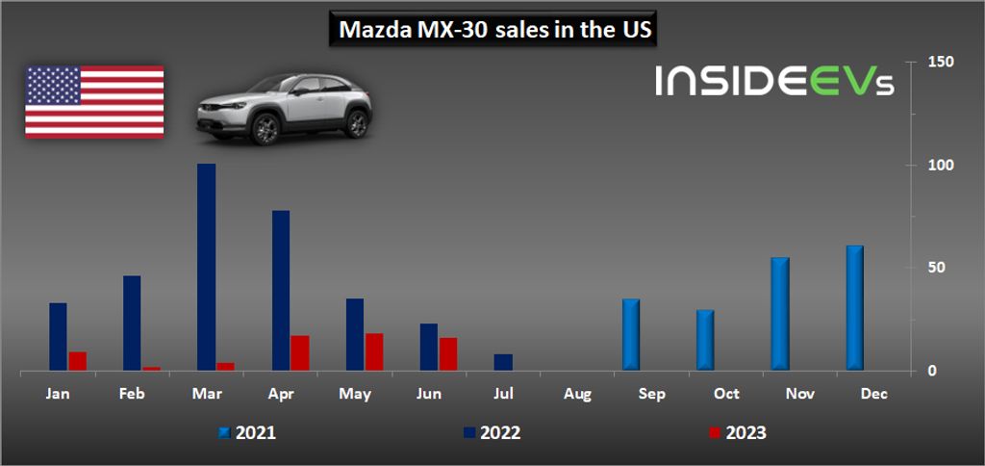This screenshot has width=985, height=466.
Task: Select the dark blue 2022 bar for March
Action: [206, 267]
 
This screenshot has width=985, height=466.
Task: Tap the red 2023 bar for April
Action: [299, 352]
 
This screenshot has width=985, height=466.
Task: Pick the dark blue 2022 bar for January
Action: [59, 336]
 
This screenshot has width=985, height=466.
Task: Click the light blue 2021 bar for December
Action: [854, 308]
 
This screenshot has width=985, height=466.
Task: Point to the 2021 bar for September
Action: [631, 334]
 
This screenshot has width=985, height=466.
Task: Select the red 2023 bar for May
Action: [374, 351]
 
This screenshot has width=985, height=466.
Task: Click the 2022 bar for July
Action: [503, 362]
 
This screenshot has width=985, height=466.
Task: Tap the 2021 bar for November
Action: [780, 314]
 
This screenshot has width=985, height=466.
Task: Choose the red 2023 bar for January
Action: [78, 361]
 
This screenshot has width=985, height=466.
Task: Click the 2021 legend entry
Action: [247, 433]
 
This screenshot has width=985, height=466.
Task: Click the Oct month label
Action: [727, 394]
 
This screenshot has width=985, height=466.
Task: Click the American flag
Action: [94, 101]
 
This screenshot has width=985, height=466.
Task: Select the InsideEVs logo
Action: [774, 81]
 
